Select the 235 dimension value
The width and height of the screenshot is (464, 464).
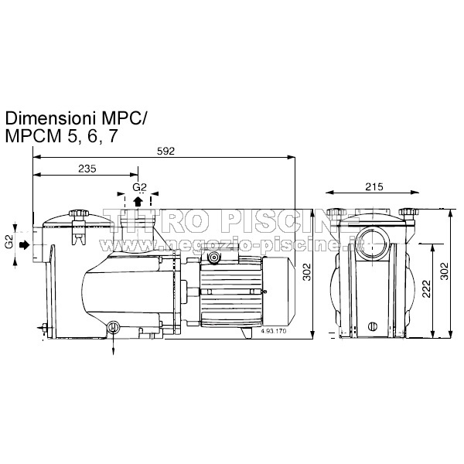87,169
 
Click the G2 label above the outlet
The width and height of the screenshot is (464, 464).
139,187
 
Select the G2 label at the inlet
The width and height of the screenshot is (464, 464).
9,244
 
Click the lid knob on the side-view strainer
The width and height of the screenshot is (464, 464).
77,214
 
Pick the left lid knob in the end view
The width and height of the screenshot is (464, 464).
337,212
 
